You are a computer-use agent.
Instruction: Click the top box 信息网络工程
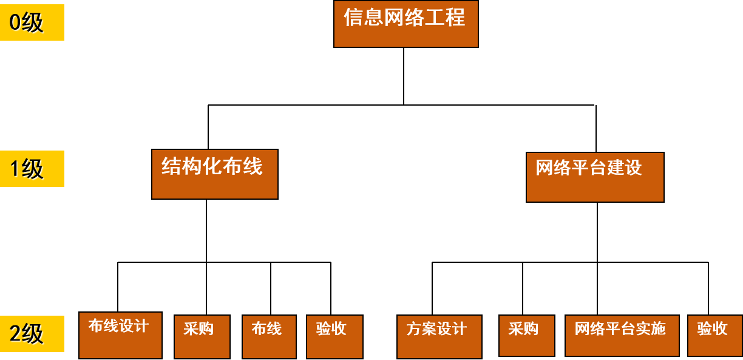coord(405,24)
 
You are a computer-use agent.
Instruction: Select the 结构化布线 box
coord(214,174)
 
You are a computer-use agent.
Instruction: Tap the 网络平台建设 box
coord(595,177)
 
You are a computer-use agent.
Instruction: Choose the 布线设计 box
coord(120,335)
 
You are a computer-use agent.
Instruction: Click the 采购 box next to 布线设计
coord(202,336)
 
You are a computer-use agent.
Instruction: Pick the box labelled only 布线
coord(269,336)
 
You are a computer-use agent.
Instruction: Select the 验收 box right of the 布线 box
coord(334,336)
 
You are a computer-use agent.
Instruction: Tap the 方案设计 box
coord(439,336)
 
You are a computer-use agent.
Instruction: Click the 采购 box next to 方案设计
coord(526,335)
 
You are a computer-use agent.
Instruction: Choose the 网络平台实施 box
coord(622,335)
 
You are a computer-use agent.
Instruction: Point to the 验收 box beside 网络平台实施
coord(714,335)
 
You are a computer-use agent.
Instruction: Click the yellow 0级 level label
coord(32,22)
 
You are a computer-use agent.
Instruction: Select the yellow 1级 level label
coord(32,168)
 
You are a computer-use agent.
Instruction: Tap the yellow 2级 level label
coord(32,333)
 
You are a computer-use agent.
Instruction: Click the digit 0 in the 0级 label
coord(15,22)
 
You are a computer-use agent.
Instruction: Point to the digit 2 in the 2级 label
coord(15,334)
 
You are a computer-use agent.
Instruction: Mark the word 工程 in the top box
coord(445,17)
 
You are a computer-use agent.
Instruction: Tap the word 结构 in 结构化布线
coord(181,166)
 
